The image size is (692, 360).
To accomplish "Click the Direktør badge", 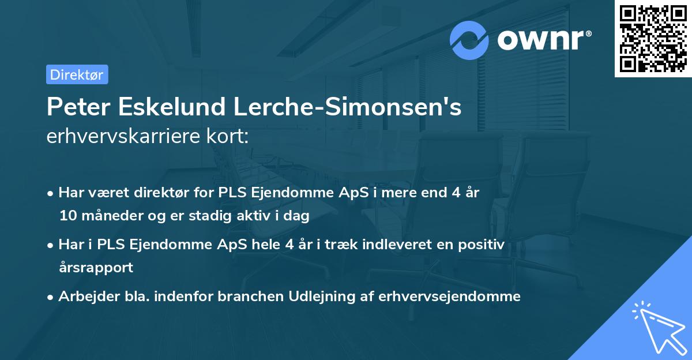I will tap(77, 74).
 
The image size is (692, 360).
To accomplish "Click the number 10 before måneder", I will tap(68, 216).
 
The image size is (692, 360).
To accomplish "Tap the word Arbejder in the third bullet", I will tap(84, 297).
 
